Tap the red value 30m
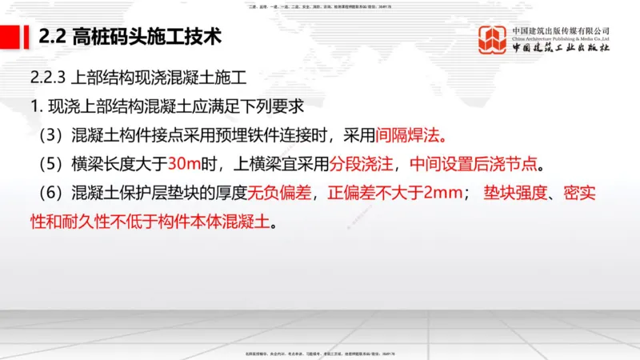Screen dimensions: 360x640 185,163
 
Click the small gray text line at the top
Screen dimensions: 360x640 320,6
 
